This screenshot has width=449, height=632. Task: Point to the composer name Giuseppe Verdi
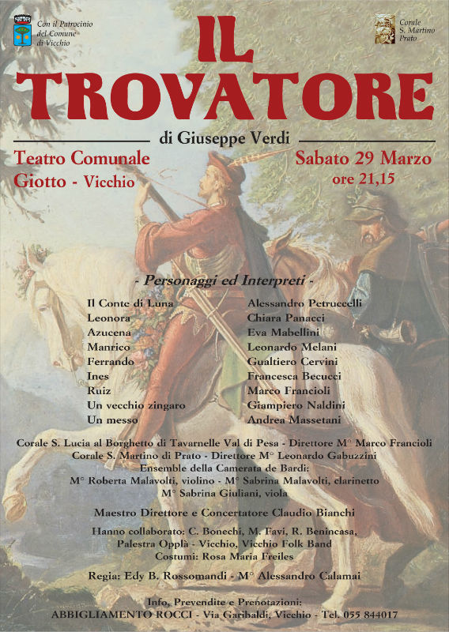(235, 139)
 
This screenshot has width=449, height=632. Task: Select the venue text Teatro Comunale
(82, 158)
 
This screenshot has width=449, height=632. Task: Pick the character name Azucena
(109, 333)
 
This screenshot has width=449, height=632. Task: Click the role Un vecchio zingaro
(136, 404)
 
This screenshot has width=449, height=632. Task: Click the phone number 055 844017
(371, 614)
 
